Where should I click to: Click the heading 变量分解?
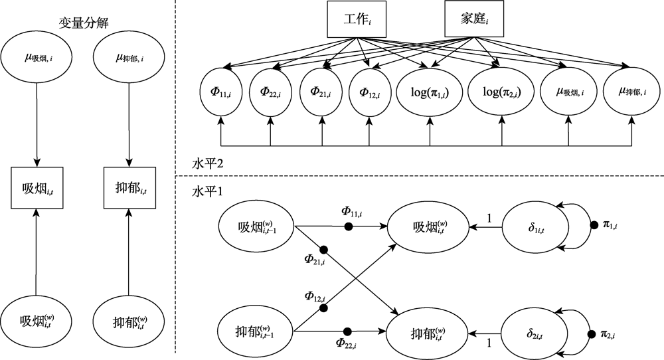click(84, 23)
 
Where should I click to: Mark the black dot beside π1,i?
click(595, 227)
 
